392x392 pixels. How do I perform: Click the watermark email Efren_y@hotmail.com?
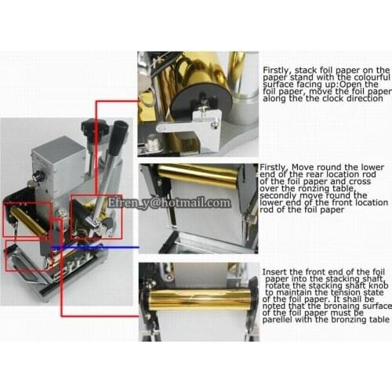click(x=169, y=202)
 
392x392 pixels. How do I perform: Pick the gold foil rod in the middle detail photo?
click(x=196, y=176)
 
